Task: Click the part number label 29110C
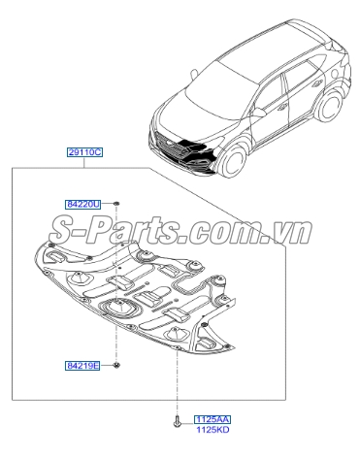84,153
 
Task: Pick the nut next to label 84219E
116,365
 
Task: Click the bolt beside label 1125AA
177,420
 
